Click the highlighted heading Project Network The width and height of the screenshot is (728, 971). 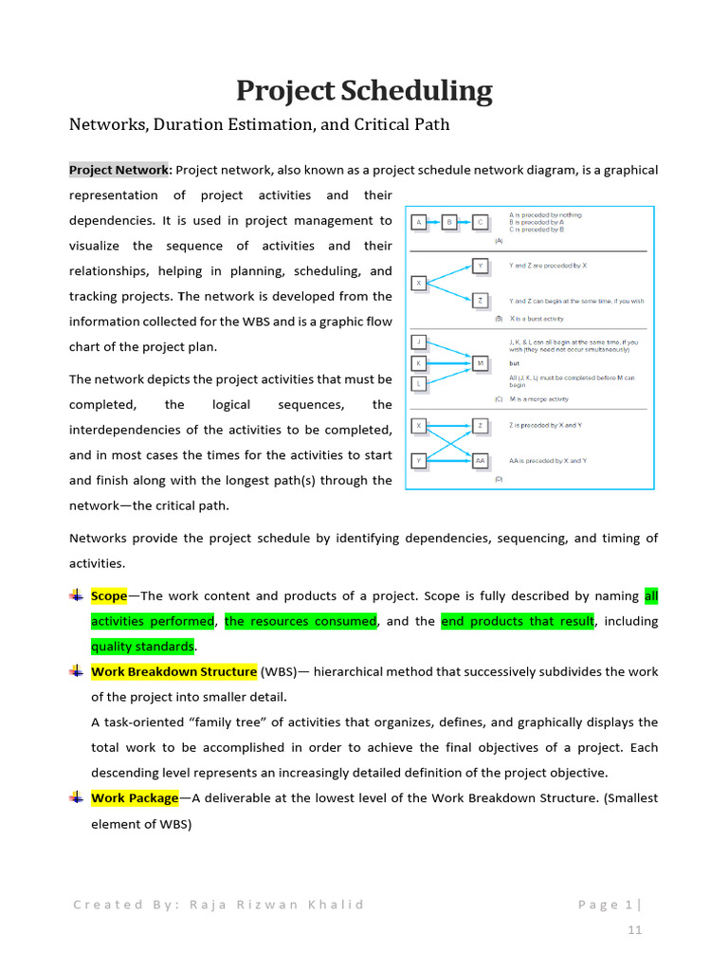click(x=118, y=170)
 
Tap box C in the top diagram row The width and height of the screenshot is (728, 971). click(x=481, y=223)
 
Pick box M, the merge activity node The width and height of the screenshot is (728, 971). click(x=481, y=362)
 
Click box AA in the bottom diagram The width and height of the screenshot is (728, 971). click(x=481, y=461)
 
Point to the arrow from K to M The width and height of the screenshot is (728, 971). click(x=449, y=362)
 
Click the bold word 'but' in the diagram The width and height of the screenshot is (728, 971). click(x=515, y=362)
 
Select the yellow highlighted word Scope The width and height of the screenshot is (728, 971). click(x=109, y=596)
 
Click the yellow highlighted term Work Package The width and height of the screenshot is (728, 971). click(x=135, y=798)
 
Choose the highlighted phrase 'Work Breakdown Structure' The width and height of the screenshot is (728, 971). click(x=173, y=671)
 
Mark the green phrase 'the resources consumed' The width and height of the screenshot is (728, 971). click(x=300, y=621)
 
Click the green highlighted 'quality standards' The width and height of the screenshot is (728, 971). click(x=142, y=647)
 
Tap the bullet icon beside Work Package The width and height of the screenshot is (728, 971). click(x=77, y=797)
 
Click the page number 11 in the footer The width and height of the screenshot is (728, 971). click(x=634, y=930)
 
